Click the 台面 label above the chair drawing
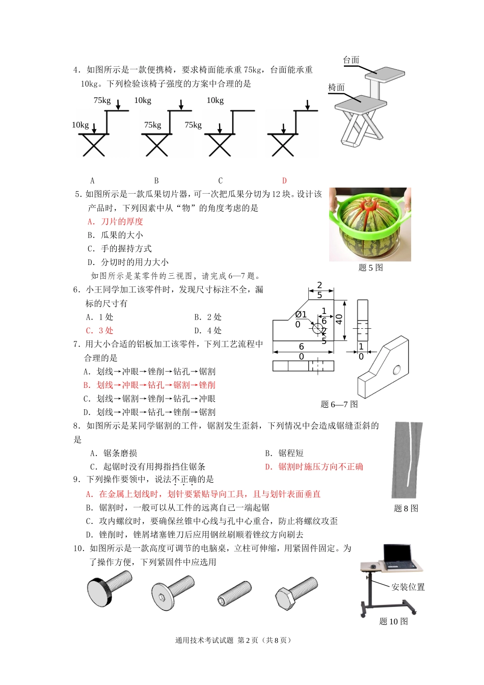tap(351, 60)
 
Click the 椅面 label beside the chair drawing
tap(336, 88)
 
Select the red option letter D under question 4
tap(284, 180)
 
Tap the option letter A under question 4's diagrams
tap(92, 180)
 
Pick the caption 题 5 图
tap(370, 268)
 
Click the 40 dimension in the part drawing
tap(339, 320)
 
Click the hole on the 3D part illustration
tap(396, 370)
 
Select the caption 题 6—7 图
tap(339, 404)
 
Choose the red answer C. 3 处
tap(100, 331)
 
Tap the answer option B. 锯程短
tap(284, 453)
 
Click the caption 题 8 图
tap(406, 508)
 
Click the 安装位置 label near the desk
tap(408, 587)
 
